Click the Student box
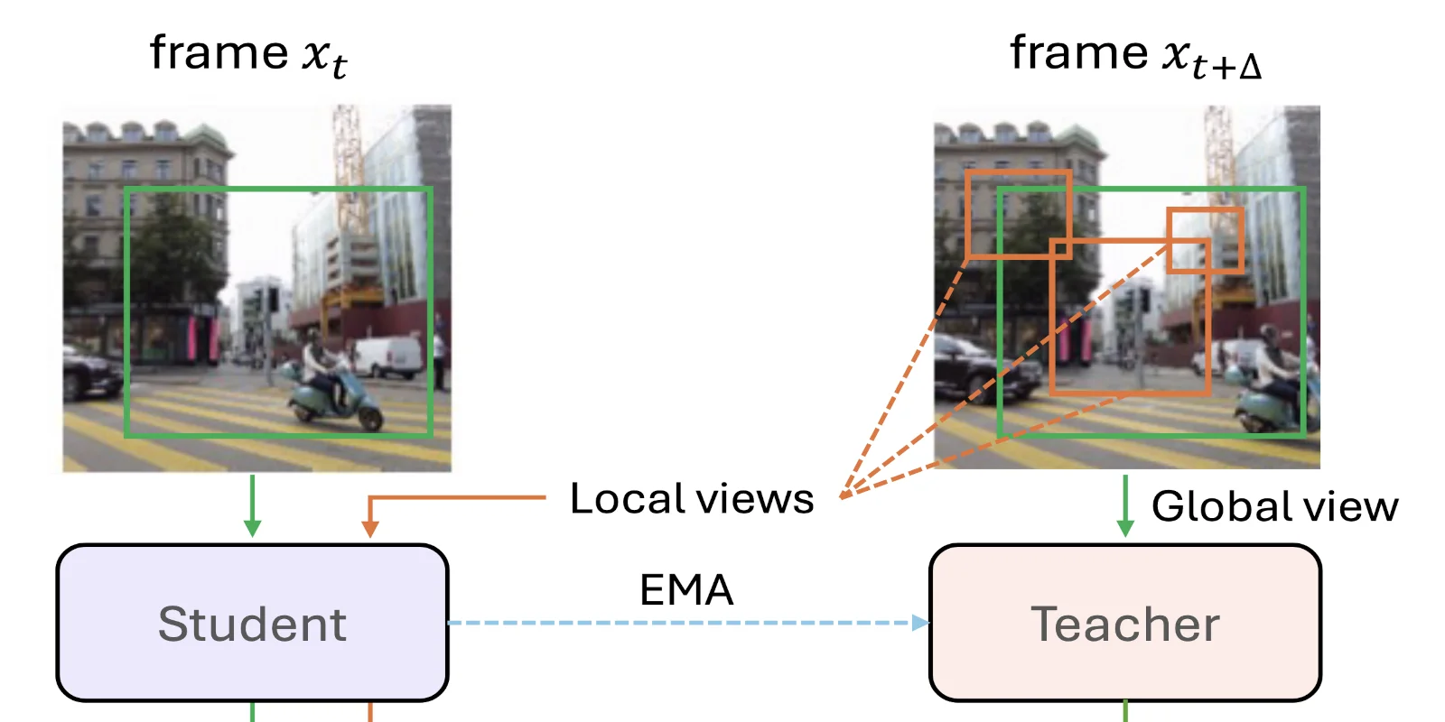[252, 623]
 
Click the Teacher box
[1124, 623]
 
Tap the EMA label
[686, 590]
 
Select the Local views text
[692, 499]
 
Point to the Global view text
[1274, 506]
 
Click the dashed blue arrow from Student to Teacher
[686, 623]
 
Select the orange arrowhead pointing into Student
[369, 528]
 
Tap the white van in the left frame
[388, 356]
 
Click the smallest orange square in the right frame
[1206, 240]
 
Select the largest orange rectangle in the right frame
[1130, 317]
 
